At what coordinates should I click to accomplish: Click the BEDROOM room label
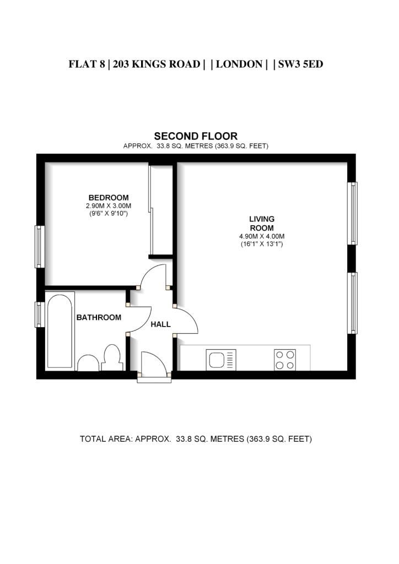point(109,198)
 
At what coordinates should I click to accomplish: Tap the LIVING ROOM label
point(262,224)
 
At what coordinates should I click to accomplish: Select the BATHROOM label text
point(99,317)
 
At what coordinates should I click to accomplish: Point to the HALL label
point(160,324)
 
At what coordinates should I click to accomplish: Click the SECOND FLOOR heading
point(196,136)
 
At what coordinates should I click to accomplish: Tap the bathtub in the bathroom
point(60,331)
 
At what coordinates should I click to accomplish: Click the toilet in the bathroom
point(111,357)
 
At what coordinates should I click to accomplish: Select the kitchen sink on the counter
point(221,360)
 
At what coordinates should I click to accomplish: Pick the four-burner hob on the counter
point(285,360)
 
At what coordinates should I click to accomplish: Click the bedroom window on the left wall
point(40,247)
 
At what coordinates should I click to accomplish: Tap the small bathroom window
point(40,314)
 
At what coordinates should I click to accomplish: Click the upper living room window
point(352,213)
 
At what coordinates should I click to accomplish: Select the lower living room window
point(352,303)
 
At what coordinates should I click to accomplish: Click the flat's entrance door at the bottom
point(154,366)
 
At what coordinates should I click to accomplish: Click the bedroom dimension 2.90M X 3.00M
point(109,206)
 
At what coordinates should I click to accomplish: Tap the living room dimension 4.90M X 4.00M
point(262,236)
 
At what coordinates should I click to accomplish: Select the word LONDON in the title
point(239,64)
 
